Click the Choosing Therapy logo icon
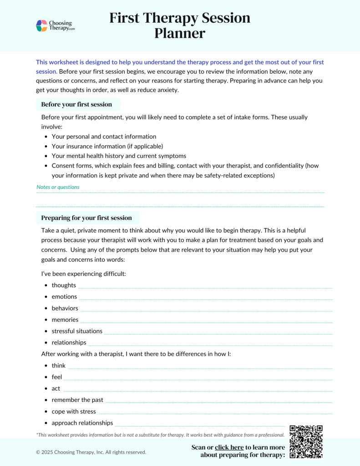[x=42, y=26]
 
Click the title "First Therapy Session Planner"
[x=180, y=25]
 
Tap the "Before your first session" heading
[x=76, y=105]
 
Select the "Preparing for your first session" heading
[x=86, y=218]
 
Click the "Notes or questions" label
[x=58, y=187]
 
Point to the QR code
[x=306, y=442]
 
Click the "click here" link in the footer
[x=229, y=447]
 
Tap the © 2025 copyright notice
[x=91, y=452]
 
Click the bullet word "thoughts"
[x=64, y=285]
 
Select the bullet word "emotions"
[x=64, y=297]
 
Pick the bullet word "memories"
[x=65, y=320]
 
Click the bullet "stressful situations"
[x=77, y=331]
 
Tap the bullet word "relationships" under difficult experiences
[x=69, y=343]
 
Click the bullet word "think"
[x=59, y=366]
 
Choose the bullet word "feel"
[x=57, y=377]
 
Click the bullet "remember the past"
[x=77, y=400]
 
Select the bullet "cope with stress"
[x=74, y=412]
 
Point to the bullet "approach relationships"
[x=82, y=423]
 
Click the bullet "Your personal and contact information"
[x=104, y=137]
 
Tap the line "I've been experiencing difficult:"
[x=83, y=274]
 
